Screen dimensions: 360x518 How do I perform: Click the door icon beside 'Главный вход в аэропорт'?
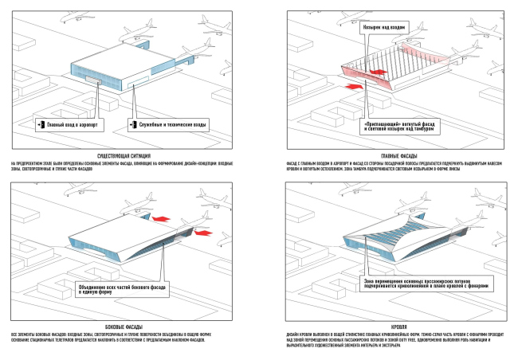pos(41,126)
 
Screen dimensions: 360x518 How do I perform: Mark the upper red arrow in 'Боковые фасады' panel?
pos(162,217)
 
